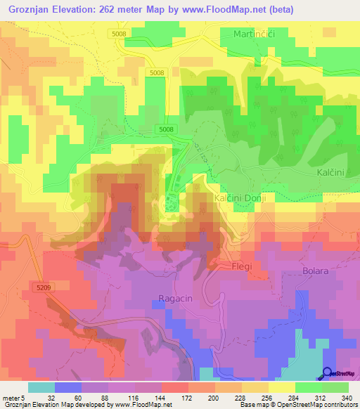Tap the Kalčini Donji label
point(239,199)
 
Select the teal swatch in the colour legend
point(41,387)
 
